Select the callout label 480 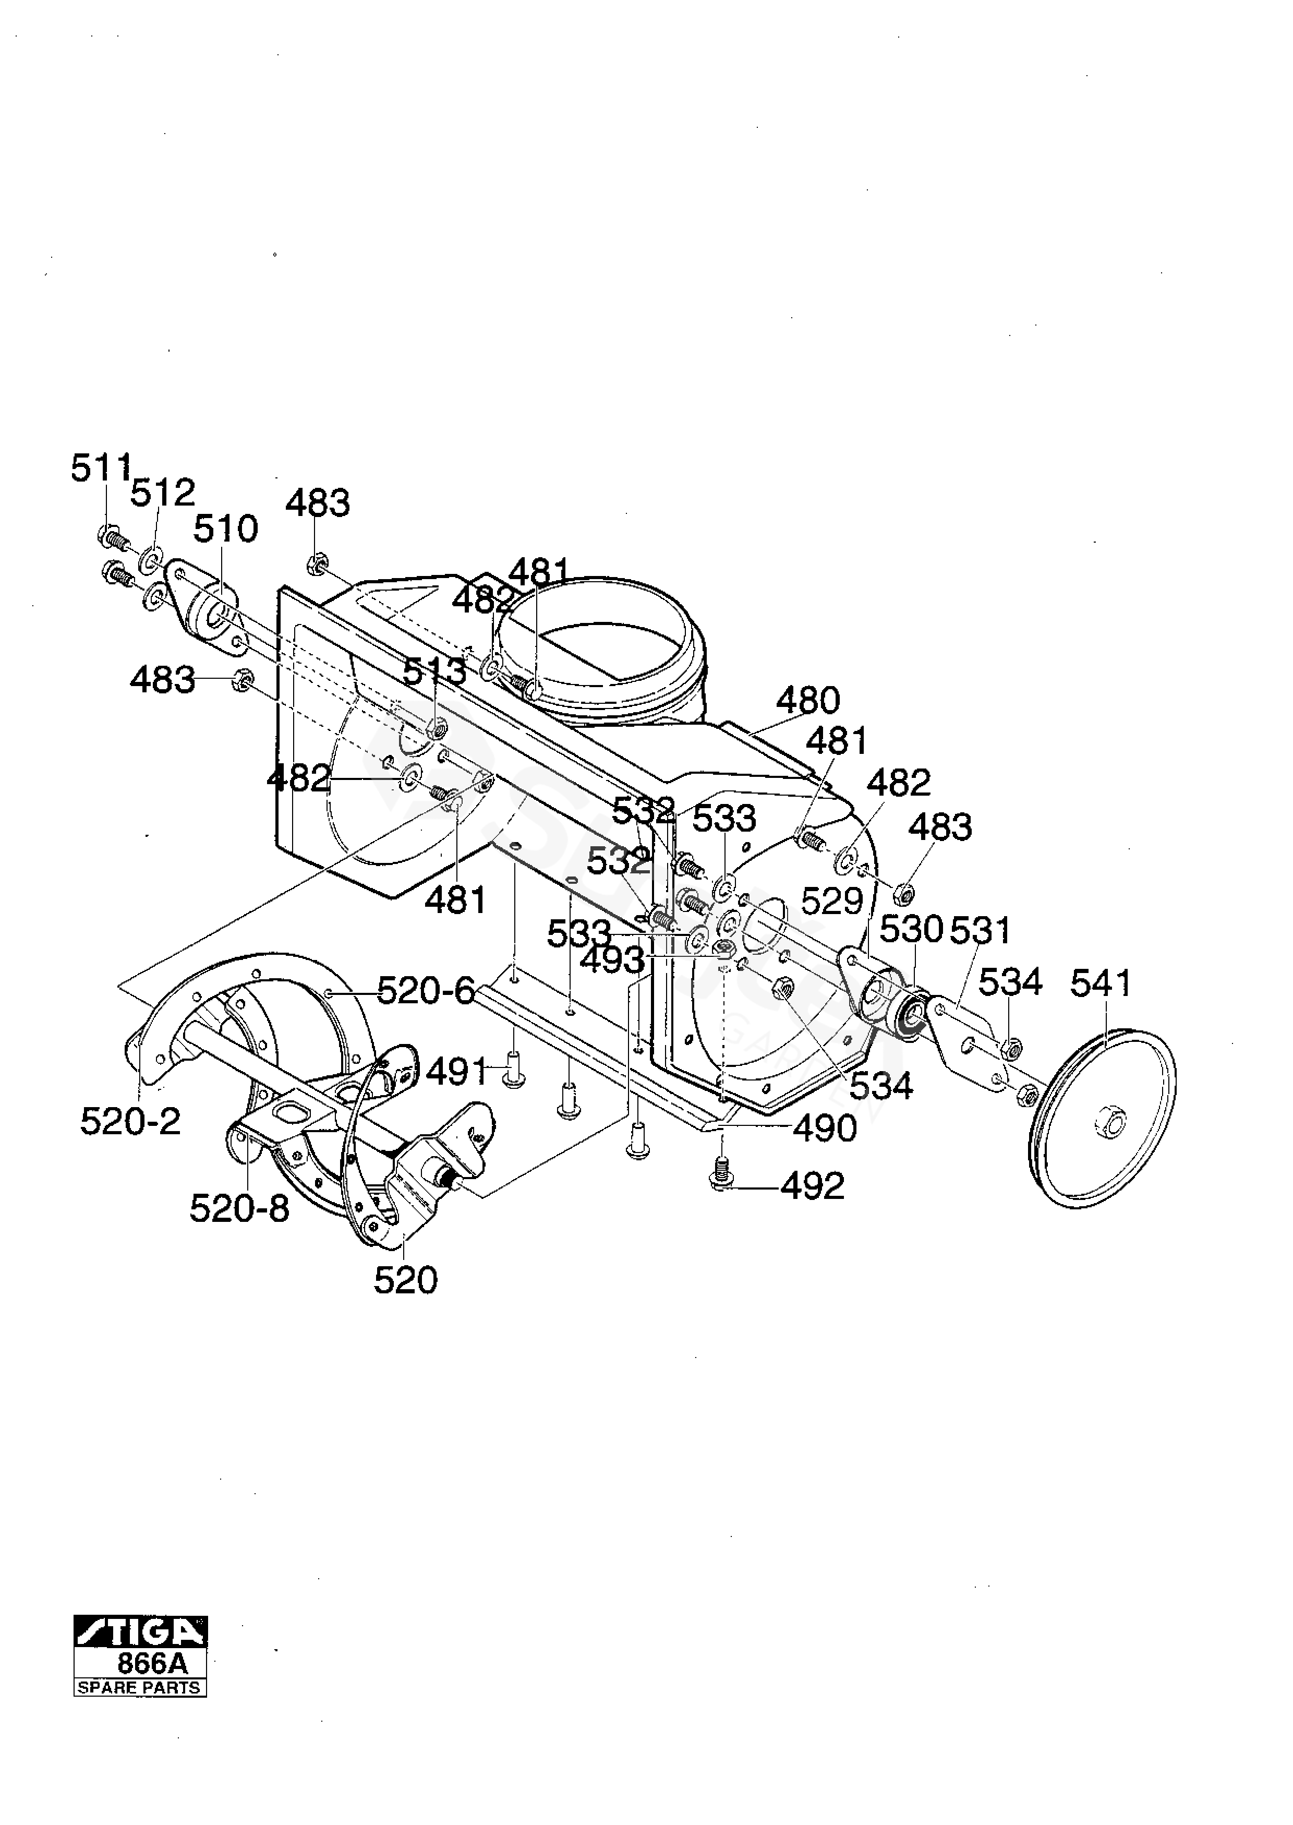tap(807, 701)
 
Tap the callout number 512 tap(162, 493)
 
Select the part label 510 tap(226, 529)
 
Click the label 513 tap(434, 671)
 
